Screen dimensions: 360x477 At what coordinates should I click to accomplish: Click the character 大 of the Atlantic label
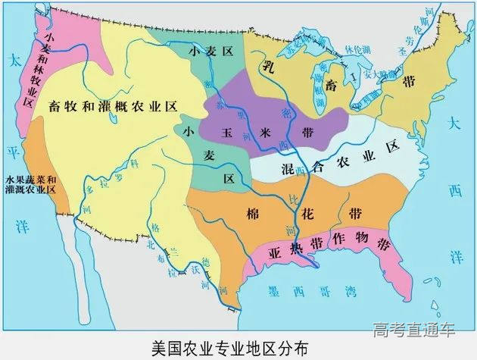pos(453,122)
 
